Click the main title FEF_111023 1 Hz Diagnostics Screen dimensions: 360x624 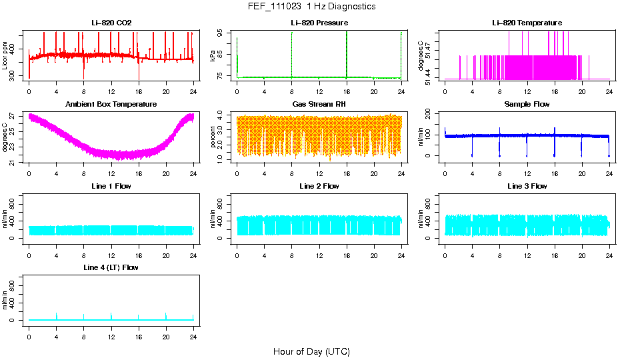tap(311, 7)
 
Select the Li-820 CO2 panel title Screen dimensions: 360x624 tap(111, 23)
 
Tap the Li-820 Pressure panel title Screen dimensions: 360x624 tap(319, 23)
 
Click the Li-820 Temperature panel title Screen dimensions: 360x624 tap(527, 23)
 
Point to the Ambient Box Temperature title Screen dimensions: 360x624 tap(111, 104)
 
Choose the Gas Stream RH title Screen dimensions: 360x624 tap(319, 104)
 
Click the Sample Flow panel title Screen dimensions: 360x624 tap(527, 104)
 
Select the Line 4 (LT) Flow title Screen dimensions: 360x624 tap(111, 267)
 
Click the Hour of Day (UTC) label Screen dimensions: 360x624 tap(311, 351)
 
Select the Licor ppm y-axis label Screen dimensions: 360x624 tap(5, 56)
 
